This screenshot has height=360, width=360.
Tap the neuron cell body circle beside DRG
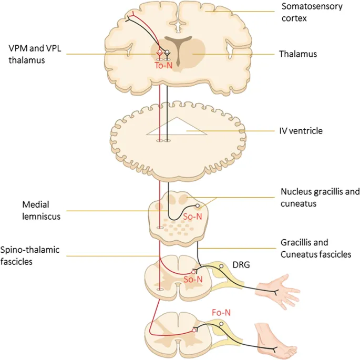(x=222, y=266)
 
